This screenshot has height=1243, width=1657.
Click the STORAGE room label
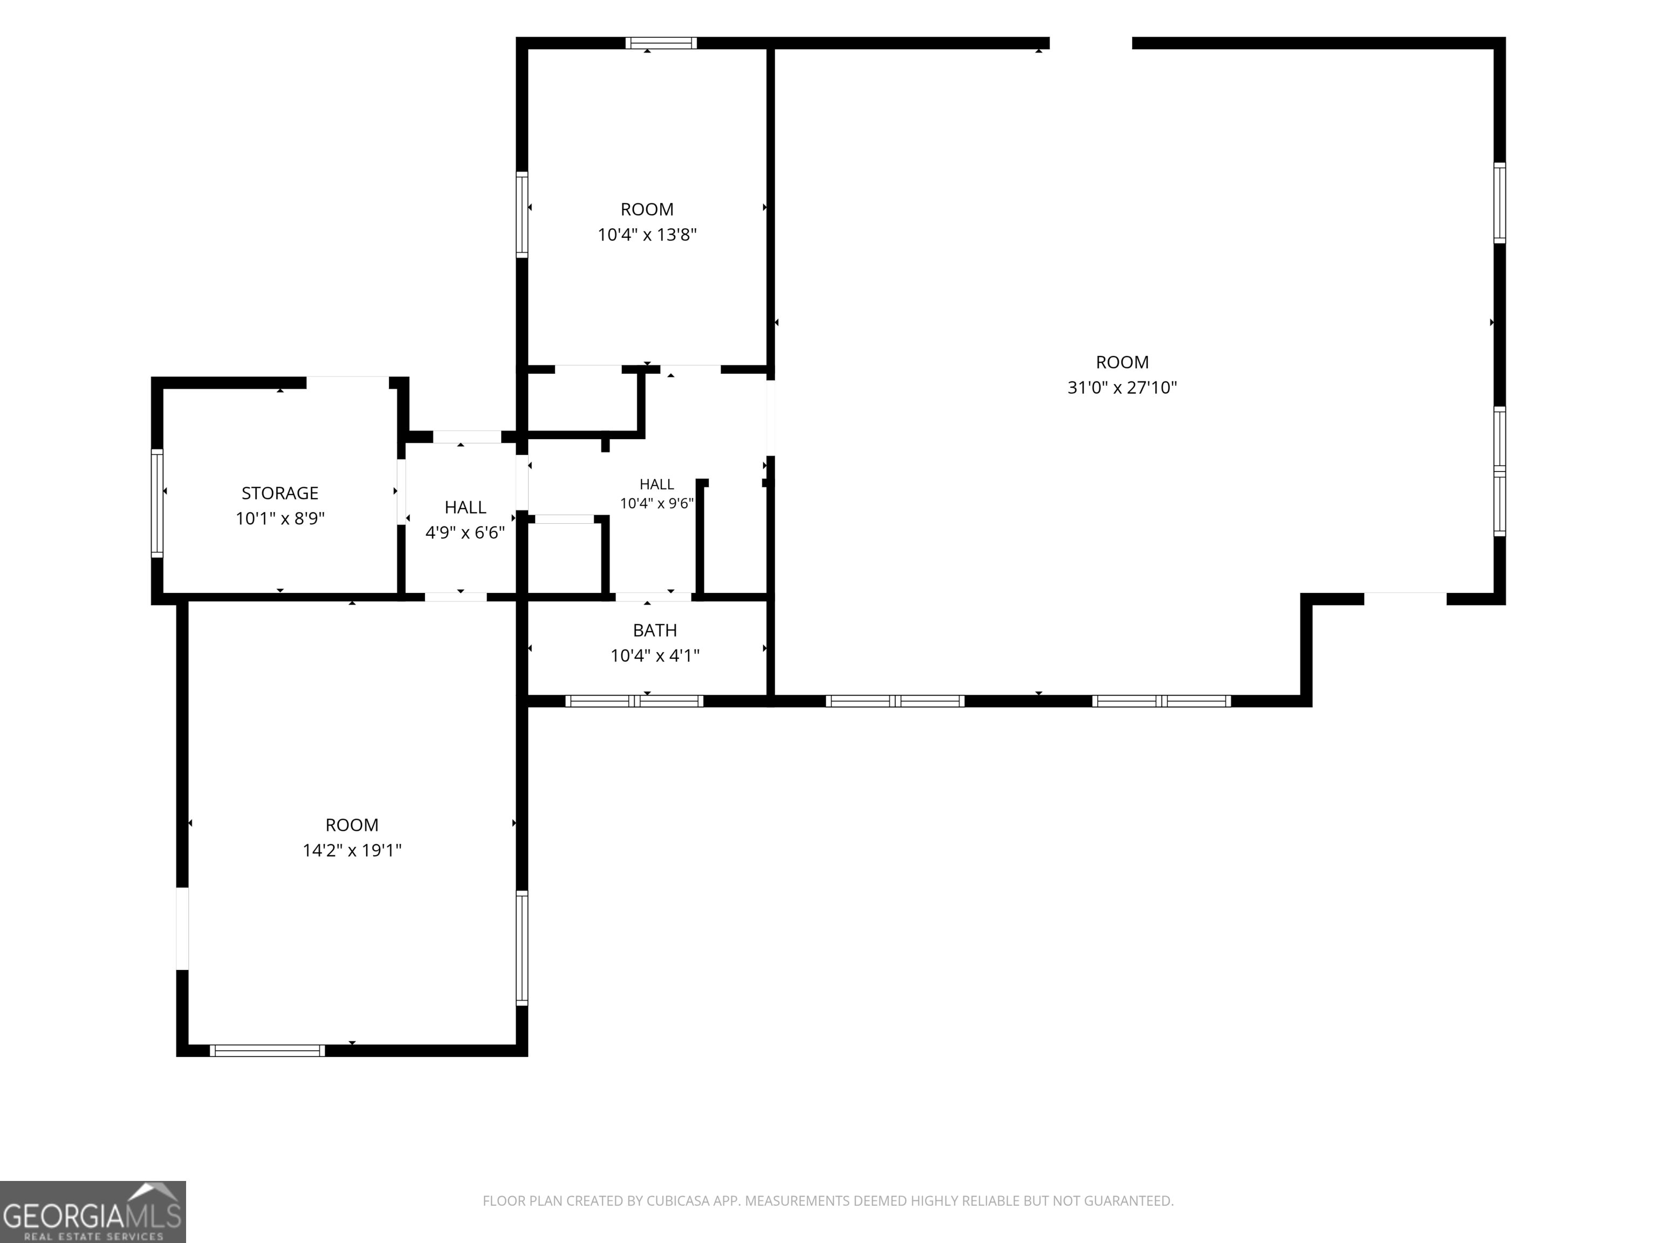(279, 493)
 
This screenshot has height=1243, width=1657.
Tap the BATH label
(655, 630)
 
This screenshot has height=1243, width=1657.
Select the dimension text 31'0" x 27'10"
(1122, 387)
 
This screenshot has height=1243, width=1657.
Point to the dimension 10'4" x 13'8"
(647, 235)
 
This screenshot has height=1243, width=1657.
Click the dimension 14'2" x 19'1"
(352, 850)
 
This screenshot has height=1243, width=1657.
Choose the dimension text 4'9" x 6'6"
(465, 532)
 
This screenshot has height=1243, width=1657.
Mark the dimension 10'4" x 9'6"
(657, 503)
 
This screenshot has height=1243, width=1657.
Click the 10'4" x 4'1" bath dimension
(655, 655)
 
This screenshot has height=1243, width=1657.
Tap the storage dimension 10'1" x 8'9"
(280, 518)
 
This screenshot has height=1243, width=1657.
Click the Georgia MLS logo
(93, 1212)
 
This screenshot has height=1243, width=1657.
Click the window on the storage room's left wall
(158, 503)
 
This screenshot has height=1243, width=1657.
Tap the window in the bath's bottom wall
(634, 701)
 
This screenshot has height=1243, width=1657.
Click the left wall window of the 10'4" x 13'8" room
(522, 214)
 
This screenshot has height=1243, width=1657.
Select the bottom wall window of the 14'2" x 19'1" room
(268, 1050)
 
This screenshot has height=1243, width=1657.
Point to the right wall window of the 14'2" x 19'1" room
(522, 948)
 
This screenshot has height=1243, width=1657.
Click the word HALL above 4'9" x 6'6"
(465, 507)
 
